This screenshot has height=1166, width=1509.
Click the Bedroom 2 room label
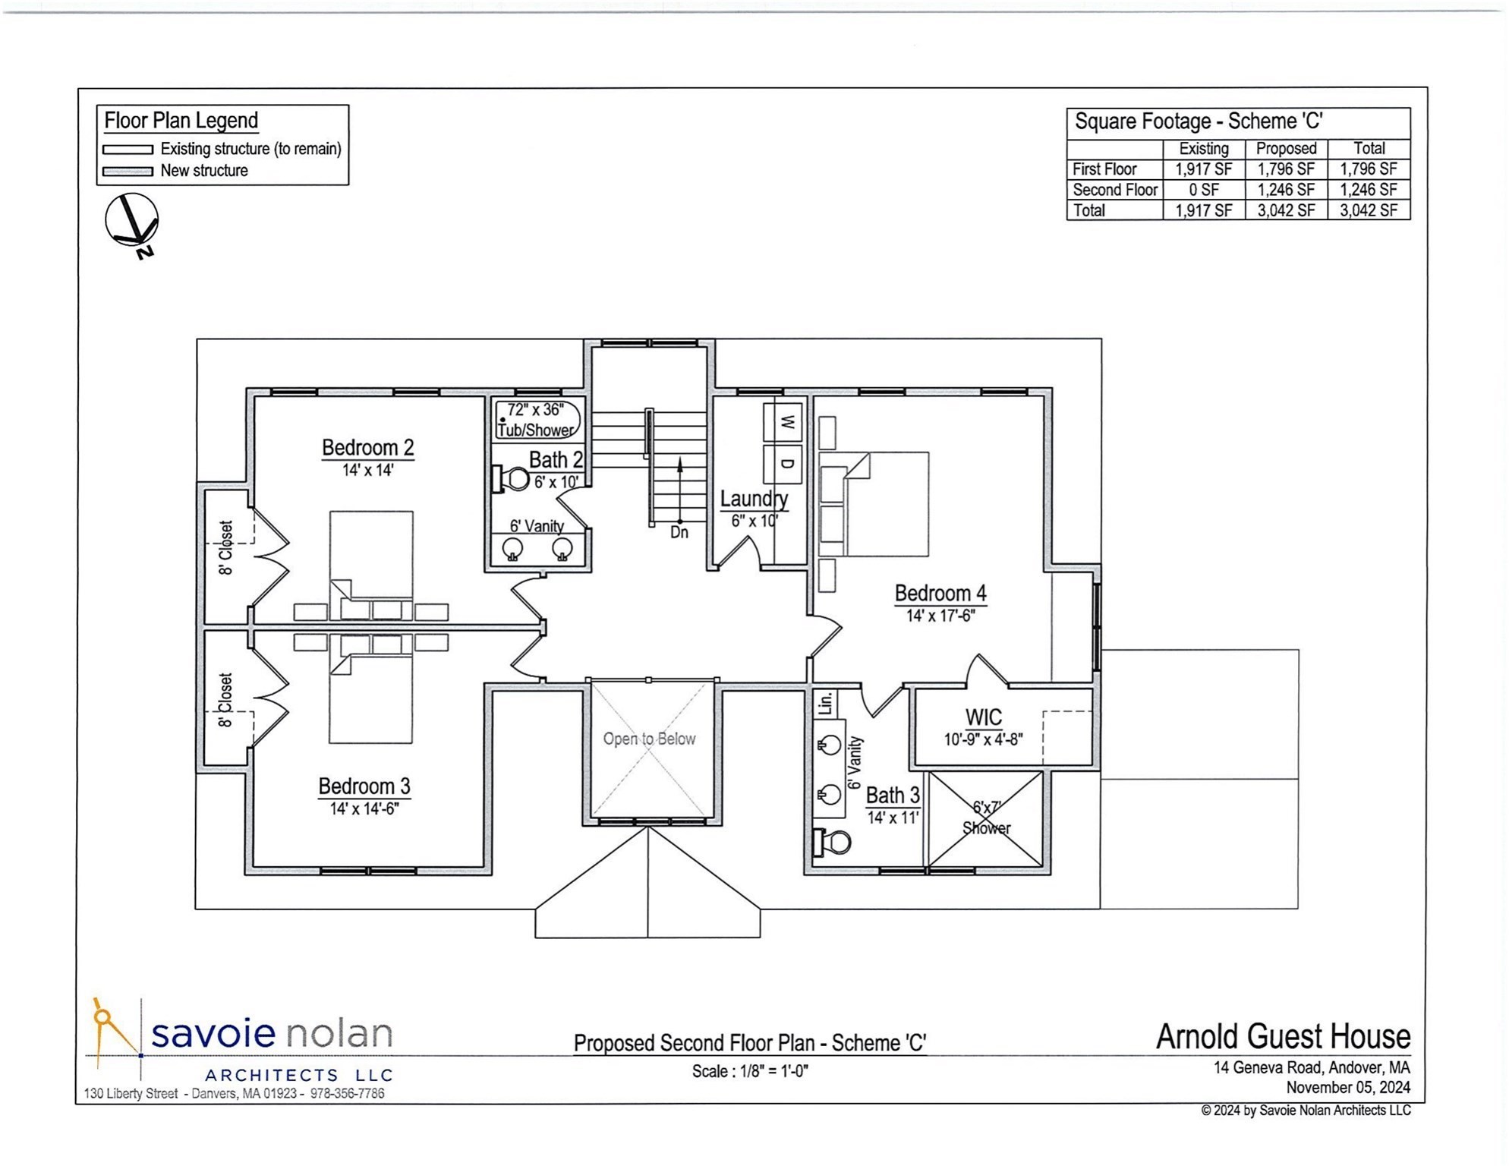tap(367, 448)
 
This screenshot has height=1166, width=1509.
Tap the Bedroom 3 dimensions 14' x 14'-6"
tap(364, 809)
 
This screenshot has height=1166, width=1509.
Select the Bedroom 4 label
tap(940, 593)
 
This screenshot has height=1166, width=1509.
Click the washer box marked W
tap(787, 422)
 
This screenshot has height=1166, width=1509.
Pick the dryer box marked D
tap(787, 464)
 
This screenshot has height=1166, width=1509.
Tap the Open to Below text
tap(649, 739)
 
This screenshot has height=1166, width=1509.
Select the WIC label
tap(983, 717)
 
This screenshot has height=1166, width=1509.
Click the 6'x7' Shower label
tap(986, 818)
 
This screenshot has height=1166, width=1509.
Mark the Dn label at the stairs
tap(679, 533)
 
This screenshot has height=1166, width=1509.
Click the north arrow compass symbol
tap(131, 221)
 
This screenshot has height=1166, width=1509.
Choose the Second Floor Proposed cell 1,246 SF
tap(1285, 190)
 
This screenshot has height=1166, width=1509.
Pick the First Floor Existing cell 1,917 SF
tap(1203, 169)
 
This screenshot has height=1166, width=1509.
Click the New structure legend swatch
tap(128, 172)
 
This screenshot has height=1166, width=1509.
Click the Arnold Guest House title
tap(1283, 1037)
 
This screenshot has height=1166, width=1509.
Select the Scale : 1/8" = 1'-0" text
tap(749, 1071)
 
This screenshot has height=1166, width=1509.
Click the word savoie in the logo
tap(213, 1033)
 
